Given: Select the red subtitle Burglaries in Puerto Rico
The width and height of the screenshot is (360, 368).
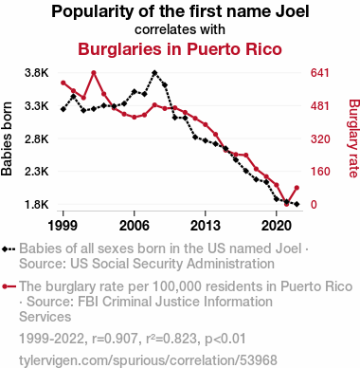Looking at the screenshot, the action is point(180,49).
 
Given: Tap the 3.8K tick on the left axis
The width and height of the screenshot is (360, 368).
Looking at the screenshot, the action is point(37,73).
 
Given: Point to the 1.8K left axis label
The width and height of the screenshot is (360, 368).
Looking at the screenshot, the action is point(37,205).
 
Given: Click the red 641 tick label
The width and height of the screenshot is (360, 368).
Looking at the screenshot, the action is point(320,73).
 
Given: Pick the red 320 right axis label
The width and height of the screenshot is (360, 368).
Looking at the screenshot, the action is point(320,138).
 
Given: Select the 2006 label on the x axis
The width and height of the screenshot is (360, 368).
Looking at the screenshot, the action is point(135,226).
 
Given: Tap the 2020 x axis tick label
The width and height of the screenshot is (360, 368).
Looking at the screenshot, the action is point(277,226).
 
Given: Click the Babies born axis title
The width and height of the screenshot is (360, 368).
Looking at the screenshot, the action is point(7,138).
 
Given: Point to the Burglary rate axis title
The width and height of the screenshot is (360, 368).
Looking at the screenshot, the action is point(353,138).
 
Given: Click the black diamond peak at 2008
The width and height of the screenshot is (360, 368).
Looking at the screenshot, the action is point(154,73).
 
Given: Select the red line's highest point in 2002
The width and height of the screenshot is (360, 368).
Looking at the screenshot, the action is point(94,73).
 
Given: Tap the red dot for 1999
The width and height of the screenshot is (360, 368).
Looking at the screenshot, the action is point(63,83).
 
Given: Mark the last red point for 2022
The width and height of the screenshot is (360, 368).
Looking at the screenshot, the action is point(297,188).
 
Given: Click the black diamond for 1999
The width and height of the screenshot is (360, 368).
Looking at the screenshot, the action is point(63,109).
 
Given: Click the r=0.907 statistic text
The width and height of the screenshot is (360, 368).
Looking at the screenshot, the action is point(115,339).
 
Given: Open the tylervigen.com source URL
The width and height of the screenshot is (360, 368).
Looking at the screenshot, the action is point(148,360).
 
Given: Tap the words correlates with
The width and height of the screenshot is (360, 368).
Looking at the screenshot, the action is point(180,29).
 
